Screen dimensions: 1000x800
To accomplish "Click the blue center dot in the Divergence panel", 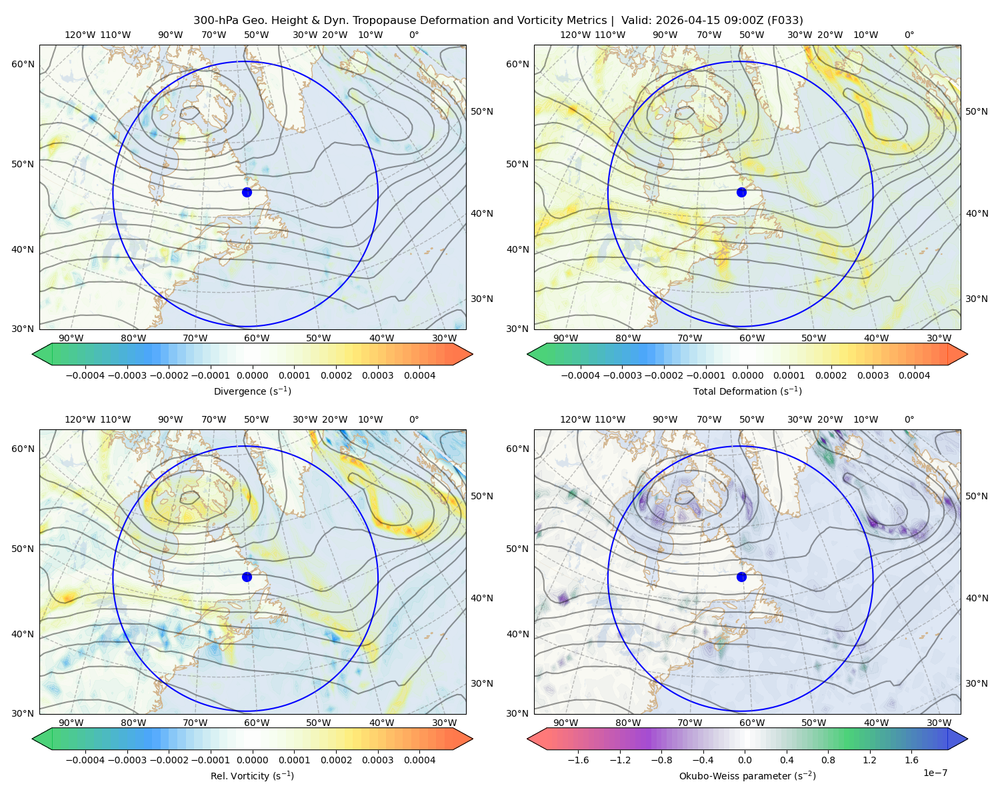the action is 247,192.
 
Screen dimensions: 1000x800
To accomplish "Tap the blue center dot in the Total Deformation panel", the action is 741,192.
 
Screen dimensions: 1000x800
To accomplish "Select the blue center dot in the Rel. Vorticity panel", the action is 247,577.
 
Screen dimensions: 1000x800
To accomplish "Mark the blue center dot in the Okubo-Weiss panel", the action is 741,577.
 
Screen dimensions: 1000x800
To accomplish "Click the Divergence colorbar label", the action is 252,391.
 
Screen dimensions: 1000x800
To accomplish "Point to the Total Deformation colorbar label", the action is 747,391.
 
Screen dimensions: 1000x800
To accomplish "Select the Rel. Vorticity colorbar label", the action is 252,775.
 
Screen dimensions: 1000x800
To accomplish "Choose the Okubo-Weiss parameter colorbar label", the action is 747,775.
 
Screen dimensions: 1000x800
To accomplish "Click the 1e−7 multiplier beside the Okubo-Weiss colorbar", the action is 935,773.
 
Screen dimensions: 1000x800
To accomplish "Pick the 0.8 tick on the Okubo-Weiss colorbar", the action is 828,759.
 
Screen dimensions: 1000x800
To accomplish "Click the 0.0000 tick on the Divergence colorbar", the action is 252,375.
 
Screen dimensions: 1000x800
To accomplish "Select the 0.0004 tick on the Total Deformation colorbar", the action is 914,375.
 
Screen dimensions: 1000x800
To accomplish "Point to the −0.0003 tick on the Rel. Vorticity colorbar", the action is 127,759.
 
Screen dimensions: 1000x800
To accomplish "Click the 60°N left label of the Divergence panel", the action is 23,64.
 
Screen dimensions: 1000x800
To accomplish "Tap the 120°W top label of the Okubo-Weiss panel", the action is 575,419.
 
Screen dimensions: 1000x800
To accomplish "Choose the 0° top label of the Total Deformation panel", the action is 909,35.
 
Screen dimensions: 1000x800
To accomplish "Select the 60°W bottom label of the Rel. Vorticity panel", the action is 257,723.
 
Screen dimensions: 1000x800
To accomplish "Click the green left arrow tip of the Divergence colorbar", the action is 33,354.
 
